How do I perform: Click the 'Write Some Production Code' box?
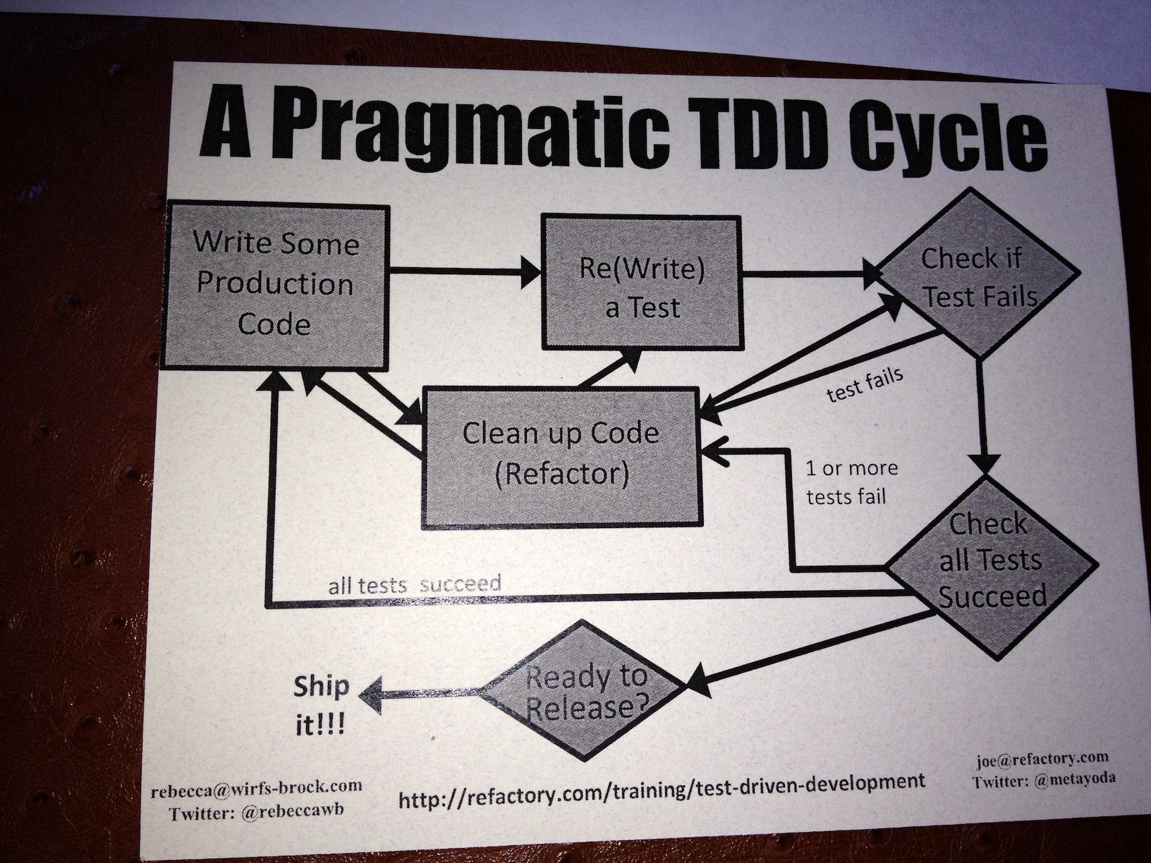pyautogui.click(x=275, y=285)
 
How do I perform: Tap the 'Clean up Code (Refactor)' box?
pyautogui.click(x=561, y=454)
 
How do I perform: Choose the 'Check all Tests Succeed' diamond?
pyautogui.click(x=990, y=561)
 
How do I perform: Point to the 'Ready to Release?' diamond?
pyautogui.click(x=585, y=692)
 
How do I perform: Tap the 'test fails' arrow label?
pyautogui.click(x=865, y=385)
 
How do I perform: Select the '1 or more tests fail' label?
pyautogui.click(x=849, y=482)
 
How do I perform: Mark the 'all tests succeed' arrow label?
pyautogui.click(x=415, y=584)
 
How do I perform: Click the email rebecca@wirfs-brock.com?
pyautogui.click(x=257, y=788)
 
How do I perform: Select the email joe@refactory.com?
pyautogui.click(x=1042, y=759)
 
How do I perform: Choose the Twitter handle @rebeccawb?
pyautogui.click(x=292, y=812)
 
